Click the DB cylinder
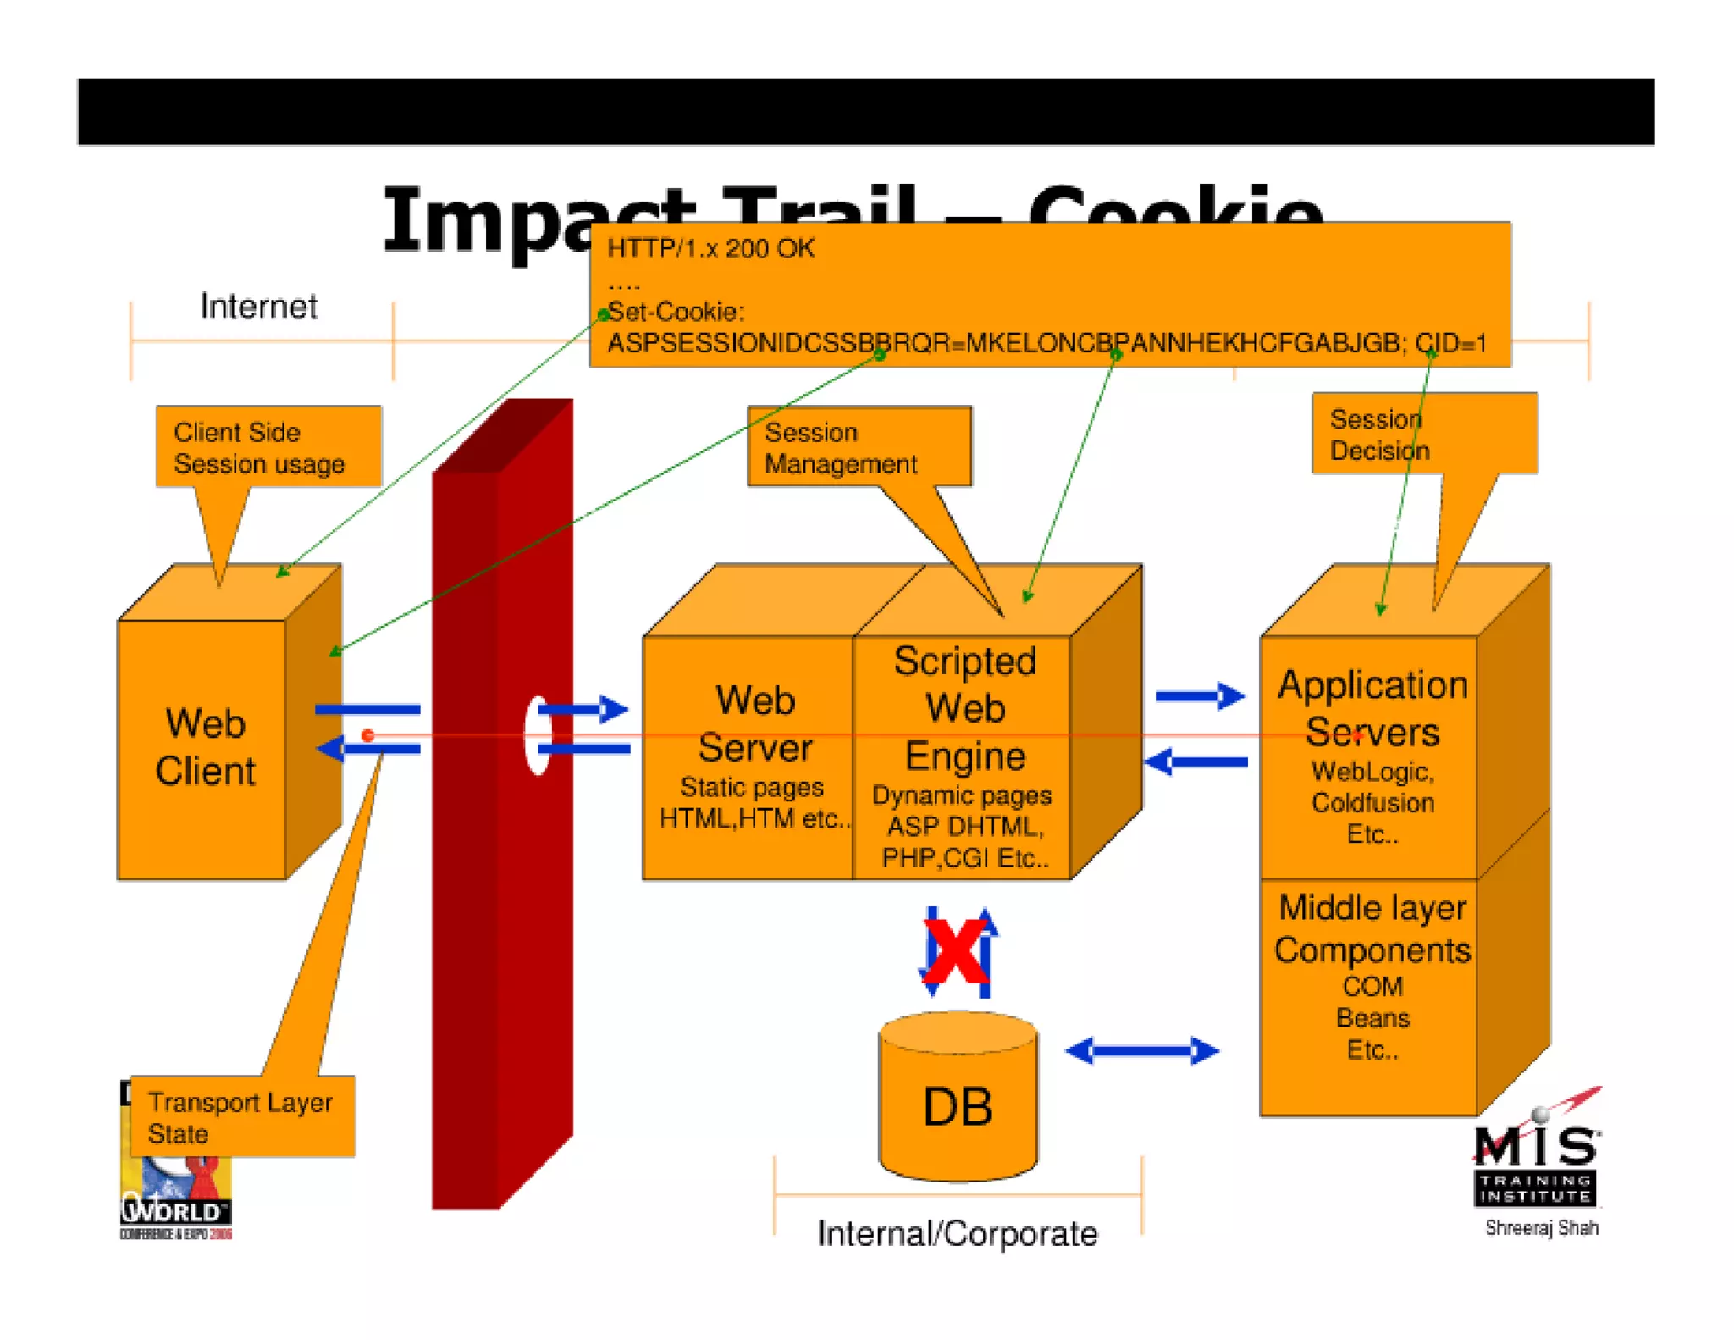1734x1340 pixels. (x=958, y=1101)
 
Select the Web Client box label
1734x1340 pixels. (x=205, y=747)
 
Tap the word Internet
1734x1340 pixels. (x=258, y=307)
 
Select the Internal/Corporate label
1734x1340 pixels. (x=957, y=1233)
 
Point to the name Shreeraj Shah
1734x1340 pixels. (x=1541, y=1228)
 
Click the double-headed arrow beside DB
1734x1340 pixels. (x=1141, y=1051)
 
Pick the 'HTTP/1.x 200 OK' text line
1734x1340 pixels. (x=710, y=248)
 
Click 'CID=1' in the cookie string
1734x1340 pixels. (x=1451, y=343)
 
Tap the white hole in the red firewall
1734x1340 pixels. (x=538, y=735)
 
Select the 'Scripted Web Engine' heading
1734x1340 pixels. (x=965, y=708)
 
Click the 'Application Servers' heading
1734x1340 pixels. (x=1372, y=708)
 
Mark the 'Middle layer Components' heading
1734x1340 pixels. (x=1372, y=928)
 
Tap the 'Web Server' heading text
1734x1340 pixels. (x=754, y=724)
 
